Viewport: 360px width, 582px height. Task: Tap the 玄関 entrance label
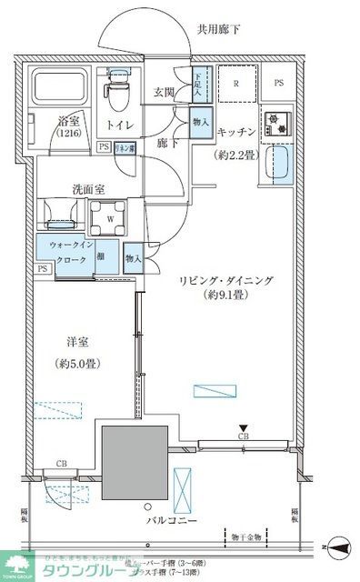(165, 93)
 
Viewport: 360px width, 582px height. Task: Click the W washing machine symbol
(111, 218)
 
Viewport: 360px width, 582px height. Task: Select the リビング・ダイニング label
(226, 280)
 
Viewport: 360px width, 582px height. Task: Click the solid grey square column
(132, 460)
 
